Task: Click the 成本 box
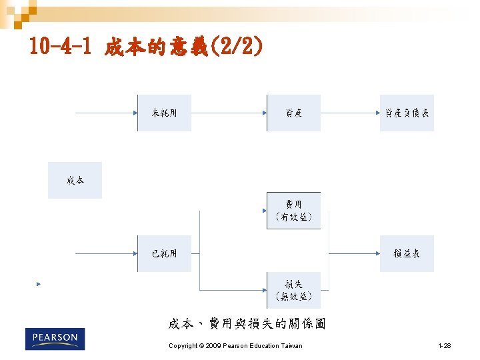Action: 75,180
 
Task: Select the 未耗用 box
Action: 164,113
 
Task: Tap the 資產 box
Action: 293,113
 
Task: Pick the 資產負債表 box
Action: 407,113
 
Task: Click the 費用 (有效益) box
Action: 293,211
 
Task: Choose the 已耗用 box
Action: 164,253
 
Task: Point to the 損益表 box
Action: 407,253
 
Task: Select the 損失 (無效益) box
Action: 293,290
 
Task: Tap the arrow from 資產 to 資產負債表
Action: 350,113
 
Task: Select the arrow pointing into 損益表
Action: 353,253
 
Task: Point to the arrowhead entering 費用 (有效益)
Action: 264,211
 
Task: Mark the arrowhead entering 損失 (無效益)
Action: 264,290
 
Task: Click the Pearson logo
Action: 55,339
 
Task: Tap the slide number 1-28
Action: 445,346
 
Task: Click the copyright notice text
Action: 235,346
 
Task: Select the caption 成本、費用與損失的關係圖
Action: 247,324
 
